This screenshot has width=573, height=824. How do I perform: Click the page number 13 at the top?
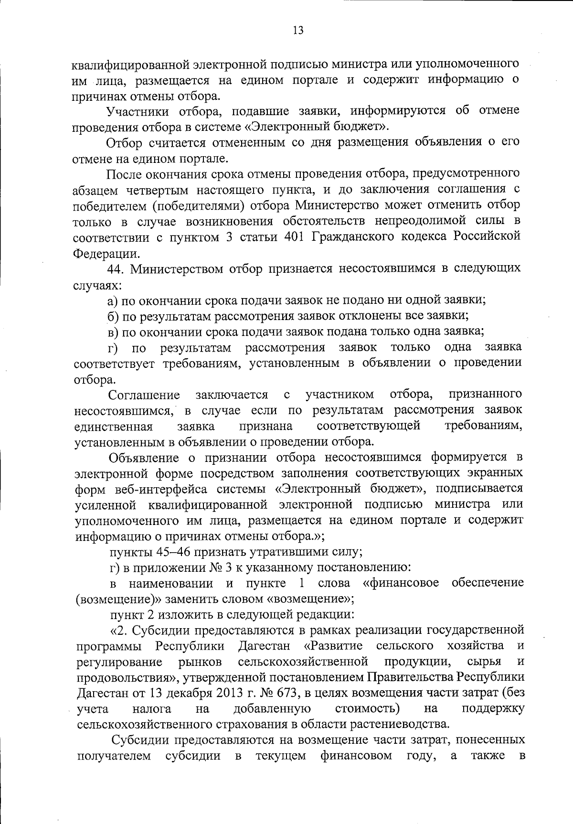[x=297, y=31]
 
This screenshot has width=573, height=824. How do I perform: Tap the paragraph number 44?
[x=116, y=269]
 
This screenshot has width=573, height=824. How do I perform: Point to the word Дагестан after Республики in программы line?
[x=264, y=646]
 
